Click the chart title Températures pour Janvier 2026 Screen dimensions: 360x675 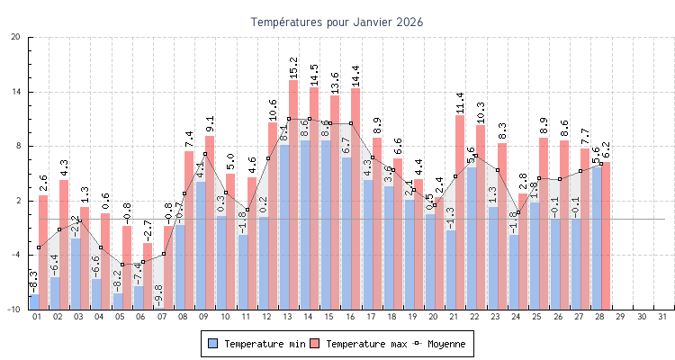(337, 21)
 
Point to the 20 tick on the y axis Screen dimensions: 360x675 (16, 37)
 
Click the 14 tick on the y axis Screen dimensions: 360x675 (16, 92)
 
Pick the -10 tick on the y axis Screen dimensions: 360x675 (14, 309)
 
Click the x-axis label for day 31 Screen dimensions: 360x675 (663, 317)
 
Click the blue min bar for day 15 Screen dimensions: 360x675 (326, 224)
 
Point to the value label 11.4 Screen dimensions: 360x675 (460, 103)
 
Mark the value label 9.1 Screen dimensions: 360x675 (210, 124)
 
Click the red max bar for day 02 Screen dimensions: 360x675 (64, 243)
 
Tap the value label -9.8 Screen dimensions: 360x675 (158, 294)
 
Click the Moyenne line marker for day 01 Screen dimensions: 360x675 (38, 247)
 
